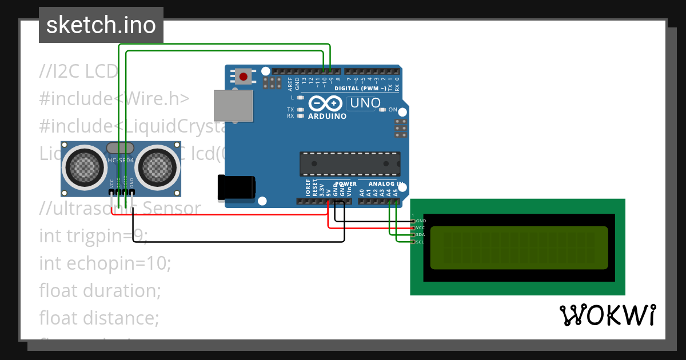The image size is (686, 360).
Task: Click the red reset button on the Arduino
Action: coord(244,76)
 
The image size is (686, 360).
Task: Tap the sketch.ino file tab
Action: coord(101,25)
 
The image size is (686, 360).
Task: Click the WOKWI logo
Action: coord(607,315)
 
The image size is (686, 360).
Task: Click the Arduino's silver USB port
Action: coord(233,106)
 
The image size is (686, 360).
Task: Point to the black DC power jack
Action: coord(237,187)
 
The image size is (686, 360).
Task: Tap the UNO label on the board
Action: coord(365,103)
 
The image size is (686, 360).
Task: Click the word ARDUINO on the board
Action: coord(327,116)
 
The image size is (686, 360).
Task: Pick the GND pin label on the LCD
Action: coord(421,221)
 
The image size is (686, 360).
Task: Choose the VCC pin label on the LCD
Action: coord(421,227)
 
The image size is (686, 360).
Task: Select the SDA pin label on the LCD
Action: coord(421,235)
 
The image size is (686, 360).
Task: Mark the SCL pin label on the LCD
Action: coord(421,242)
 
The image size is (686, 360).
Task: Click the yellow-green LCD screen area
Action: coord(519,247)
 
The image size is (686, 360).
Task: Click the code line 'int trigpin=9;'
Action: coord(93,235)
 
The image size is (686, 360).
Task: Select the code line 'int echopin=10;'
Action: coord(105,263)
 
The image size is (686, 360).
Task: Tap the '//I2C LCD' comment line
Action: coord(78,71)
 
